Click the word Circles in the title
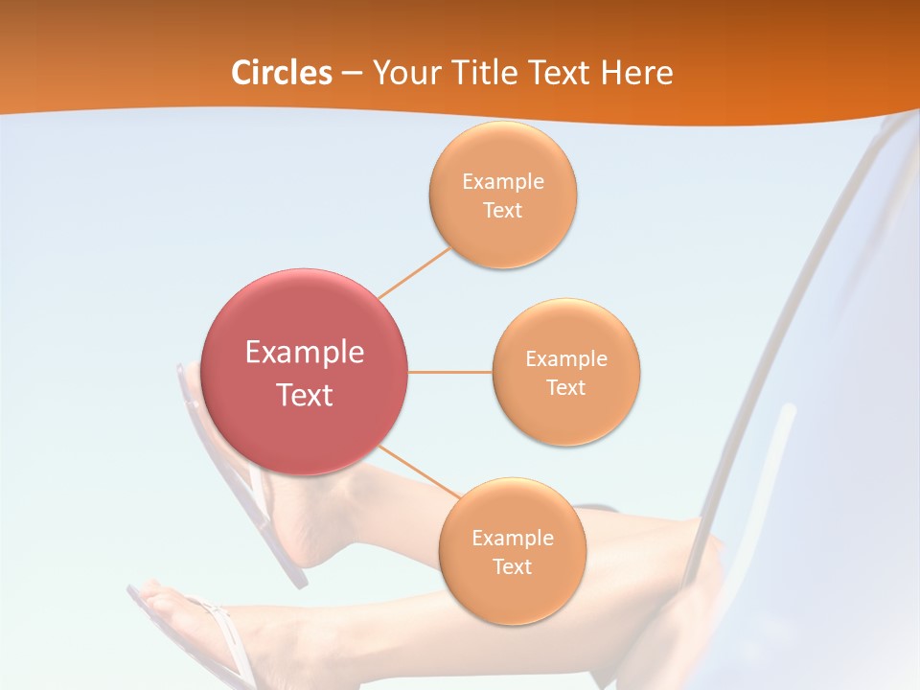click(x=281, y=73)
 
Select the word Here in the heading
click(x=637, y=73)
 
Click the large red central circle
click(x=305, y=372)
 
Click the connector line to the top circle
click(x=414, y=272)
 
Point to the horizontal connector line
click(x=449, y=372)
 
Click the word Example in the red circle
click(x=305, y=352)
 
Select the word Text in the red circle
click(x=305, y=395)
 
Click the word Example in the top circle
click(x=502, y=182)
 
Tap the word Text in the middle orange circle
click(x=565, y=388)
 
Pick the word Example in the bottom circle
click(x=512, y=538)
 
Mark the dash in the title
click(x=352, y=74)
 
